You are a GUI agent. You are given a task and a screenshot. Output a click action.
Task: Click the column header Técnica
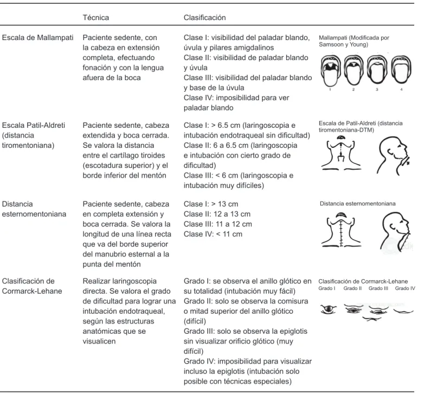point(95,17)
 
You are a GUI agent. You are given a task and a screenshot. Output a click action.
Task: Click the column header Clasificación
point(205,17)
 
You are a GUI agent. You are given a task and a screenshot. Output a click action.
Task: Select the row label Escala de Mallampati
point(38,37)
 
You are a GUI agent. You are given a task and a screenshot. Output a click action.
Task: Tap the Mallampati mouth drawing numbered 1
point(331,70)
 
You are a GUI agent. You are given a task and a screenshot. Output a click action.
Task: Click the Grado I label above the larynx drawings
point(327,288)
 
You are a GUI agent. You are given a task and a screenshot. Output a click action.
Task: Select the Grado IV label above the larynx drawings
point(405,288)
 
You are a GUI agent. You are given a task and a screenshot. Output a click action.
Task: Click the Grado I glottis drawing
point(329,309)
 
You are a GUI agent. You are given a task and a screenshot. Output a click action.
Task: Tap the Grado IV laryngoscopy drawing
point(403,312)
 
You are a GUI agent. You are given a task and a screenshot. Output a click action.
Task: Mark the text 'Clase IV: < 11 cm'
point(212,234)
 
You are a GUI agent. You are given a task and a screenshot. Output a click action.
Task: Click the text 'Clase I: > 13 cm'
point(211,204)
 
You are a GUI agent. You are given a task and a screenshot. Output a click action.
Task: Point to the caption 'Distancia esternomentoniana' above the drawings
point(358,204)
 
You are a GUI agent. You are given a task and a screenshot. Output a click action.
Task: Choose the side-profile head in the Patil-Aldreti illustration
point(394,156)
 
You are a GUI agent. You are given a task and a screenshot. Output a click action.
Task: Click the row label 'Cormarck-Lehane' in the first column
point(32,291)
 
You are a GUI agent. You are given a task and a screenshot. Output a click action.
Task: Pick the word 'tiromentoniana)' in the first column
point(28,145)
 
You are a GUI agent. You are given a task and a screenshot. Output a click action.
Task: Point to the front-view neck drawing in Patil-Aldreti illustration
point(342,152)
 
